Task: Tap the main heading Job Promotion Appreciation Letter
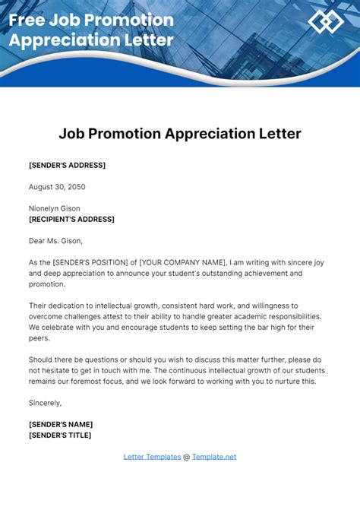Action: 180,134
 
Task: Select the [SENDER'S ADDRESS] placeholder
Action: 67,165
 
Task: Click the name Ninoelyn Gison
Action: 55,208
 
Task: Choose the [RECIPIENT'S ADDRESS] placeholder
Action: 71,219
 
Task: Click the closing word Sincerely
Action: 46,402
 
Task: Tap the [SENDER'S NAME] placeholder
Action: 61,423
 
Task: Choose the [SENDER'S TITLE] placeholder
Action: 60,435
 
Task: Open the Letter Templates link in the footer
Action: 152,457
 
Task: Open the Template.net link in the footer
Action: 214,457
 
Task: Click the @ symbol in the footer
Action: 187,457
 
